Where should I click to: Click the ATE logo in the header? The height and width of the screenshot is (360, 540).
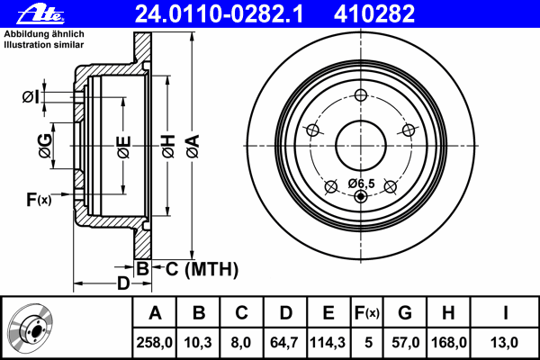pyautogui.click(x=40, y=14)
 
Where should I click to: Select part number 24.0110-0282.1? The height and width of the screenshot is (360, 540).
pyautogui.click(x=219, y=13)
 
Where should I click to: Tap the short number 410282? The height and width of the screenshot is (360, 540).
pyautogui.click(x=374, y=13)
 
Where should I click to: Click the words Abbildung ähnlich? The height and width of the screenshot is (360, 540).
pyautogui.click(x=44, y=34)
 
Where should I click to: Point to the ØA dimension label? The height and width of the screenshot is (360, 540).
pyautogui.click(x=193, y=146)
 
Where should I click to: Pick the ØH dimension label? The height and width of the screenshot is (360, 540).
pyautogui.click(x=168, y=146)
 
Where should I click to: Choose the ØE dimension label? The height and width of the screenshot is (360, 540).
pyautogui.click(x=124, y=147)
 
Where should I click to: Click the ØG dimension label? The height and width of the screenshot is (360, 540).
pyautogui.click(x=45, y=146)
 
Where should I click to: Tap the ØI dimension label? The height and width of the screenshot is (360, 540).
pyautogui.click(x=31, y=97)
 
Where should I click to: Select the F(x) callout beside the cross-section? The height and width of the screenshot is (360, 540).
pyautogui.click(x=39, y=200)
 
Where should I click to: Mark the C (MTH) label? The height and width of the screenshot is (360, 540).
pyautogui.click(x=202, y=269)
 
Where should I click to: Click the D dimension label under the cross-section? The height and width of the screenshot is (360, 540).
pyautogui.click(x=123, y=283)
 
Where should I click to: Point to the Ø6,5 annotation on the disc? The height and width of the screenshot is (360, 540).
pyautogui.click(x=361, y=184)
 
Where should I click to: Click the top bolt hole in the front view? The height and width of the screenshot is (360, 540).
pyautogui.click(x=361, y=95)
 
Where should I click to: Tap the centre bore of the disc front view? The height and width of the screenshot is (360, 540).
pyautogui.click(x=361, y=146)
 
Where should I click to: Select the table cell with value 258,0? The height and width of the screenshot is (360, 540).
pyautogui.click(x=154, y=342)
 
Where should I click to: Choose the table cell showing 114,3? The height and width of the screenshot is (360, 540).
pyautogui.click(x=328, y=342)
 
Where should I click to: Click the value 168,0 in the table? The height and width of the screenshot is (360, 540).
pyautogui.click(x=449, y=342)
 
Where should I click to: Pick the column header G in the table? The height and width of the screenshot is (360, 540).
pyautogui.click(x=405, y=312)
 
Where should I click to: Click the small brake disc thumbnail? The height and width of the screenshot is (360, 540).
pyautogui.click(x=31, y=329)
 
